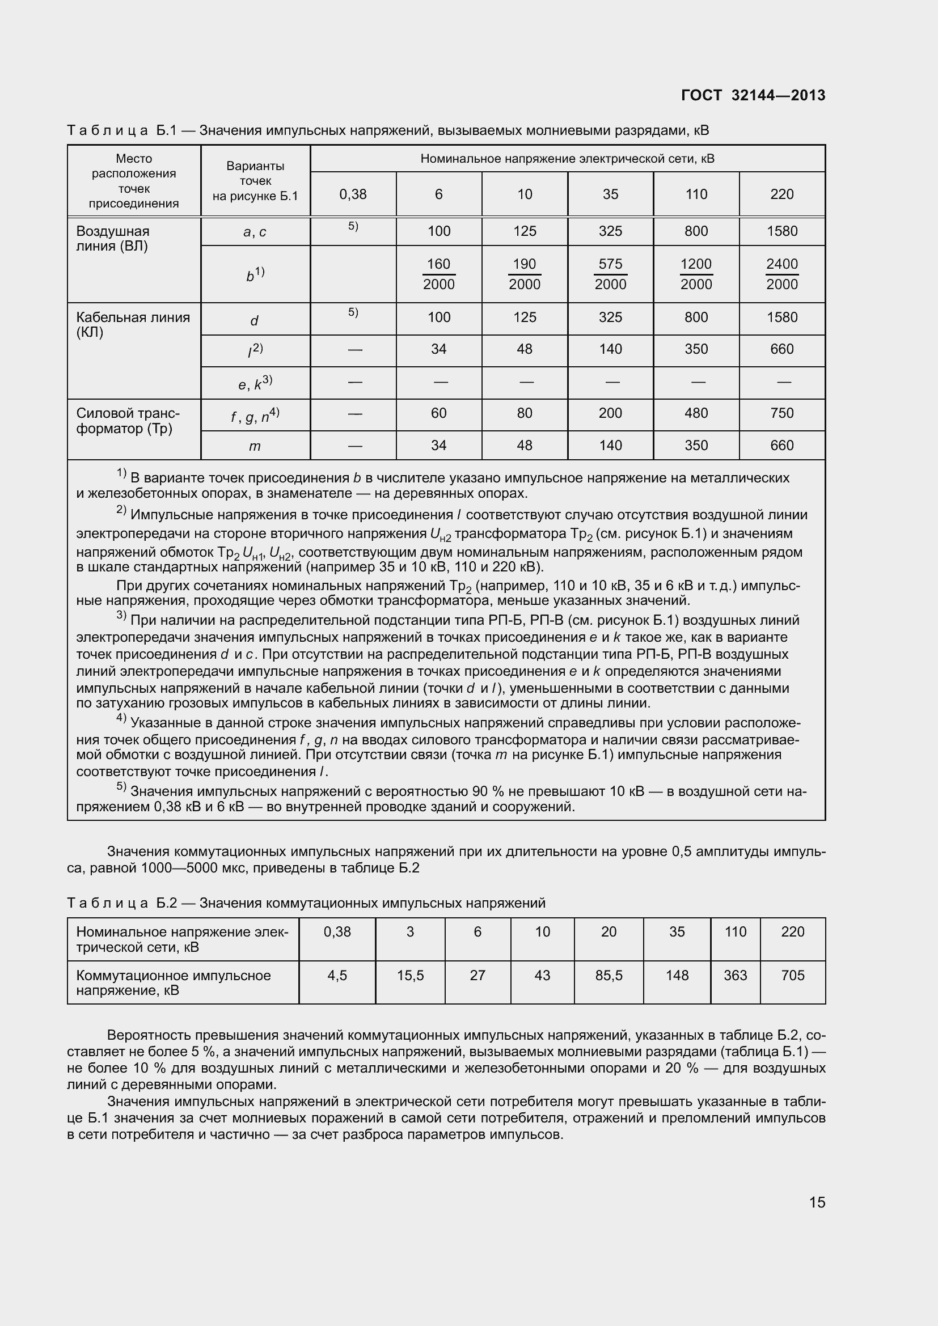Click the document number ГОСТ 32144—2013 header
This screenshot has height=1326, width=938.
(x=753, y=95)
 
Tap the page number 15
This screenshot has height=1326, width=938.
(x=817, y=1202)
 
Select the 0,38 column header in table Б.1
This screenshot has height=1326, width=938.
(x=353, y=194)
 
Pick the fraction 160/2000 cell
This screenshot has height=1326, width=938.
(x=438, y=274)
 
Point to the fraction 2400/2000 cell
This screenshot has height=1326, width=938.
(x=781, y=274)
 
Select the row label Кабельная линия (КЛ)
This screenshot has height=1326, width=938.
(x=133, y=325)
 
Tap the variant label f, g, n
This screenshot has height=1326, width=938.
(x=255, y=415)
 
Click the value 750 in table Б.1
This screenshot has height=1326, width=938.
(x=781, y=413)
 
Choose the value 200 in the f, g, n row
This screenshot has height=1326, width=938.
(x=610, y=413)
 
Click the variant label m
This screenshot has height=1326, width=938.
(x=255, y=446)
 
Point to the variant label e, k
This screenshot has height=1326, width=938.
(x=255, y=383)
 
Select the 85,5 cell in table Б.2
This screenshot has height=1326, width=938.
(x=609, y=976)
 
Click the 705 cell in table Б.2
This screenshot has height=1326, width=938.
(x=792, y=976)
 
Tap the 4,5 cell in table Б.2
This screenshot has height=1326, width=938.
(x=337, y=976)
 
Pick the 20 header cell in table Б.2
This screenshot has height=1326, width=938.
(x=609, y=931)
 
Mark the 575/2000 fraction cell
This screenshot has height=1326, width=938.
(x=610, y=274)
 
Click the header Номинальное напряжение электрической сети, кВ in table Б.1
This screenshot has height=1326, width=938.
(x=567, y=159)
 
